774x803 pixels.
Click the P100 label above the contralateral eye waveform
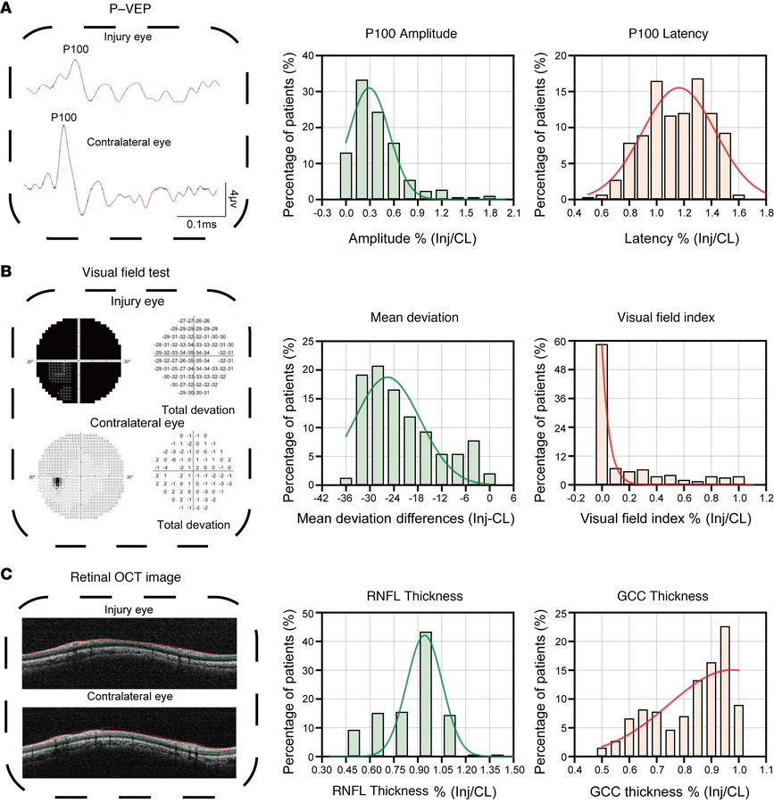(x=63, y=117)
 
